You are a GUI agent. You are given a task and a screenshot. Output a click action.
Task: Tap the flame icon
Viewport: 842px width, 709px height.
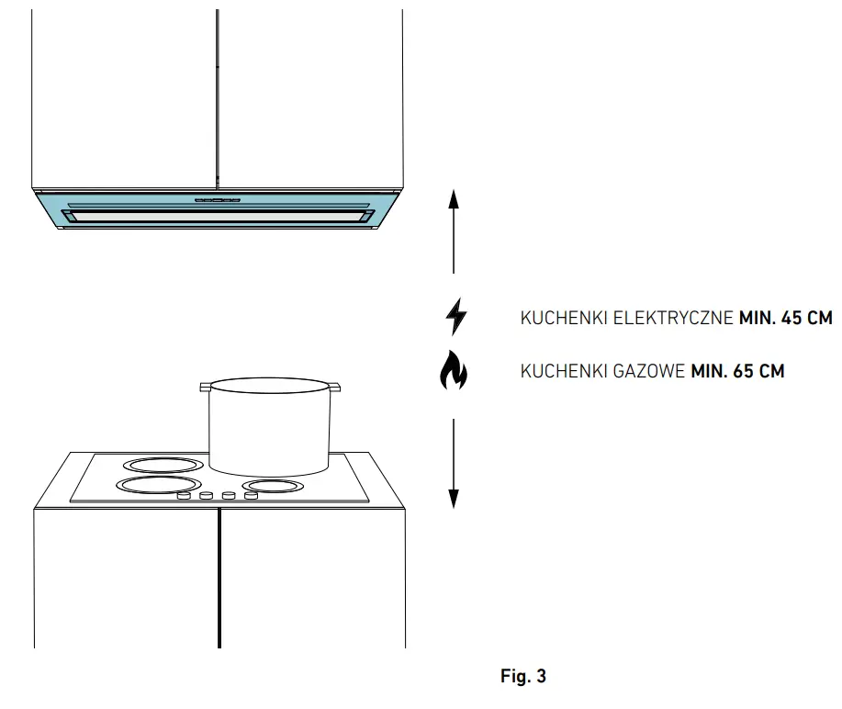point(454,372)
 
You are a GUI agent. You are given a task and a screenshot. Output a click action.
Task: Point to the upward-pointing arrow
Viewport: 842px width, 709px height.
point(454,230)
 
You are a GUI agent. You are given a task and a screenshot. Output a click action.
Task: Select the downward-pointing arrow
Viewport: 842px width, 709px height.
point(454,464)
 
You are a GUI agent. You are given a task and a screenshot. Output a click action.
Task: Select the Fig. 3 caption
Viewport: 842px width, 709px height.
point(523,677)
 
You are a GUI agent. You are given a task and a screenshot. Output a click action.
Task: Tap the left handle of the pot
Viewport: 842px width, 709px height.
point(206,388)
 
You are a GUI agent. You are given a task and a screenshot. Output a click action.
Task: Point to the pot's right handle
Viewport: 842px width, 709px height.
point(332,388)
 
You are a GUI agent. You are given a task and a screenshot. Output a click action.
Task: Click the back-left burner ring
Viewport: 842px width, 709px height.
point(163,465)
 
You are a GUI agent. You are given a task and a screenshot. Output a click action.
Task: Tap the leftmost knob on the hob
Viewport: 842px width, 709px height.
point(184,497)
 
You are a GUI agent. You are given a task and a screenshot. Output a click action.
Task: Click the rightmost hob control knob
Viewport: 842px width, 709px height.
point(251,496)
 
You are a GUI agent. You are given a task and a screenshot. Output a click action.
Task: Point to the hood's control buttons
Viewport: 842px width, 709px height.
point(218,198)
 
